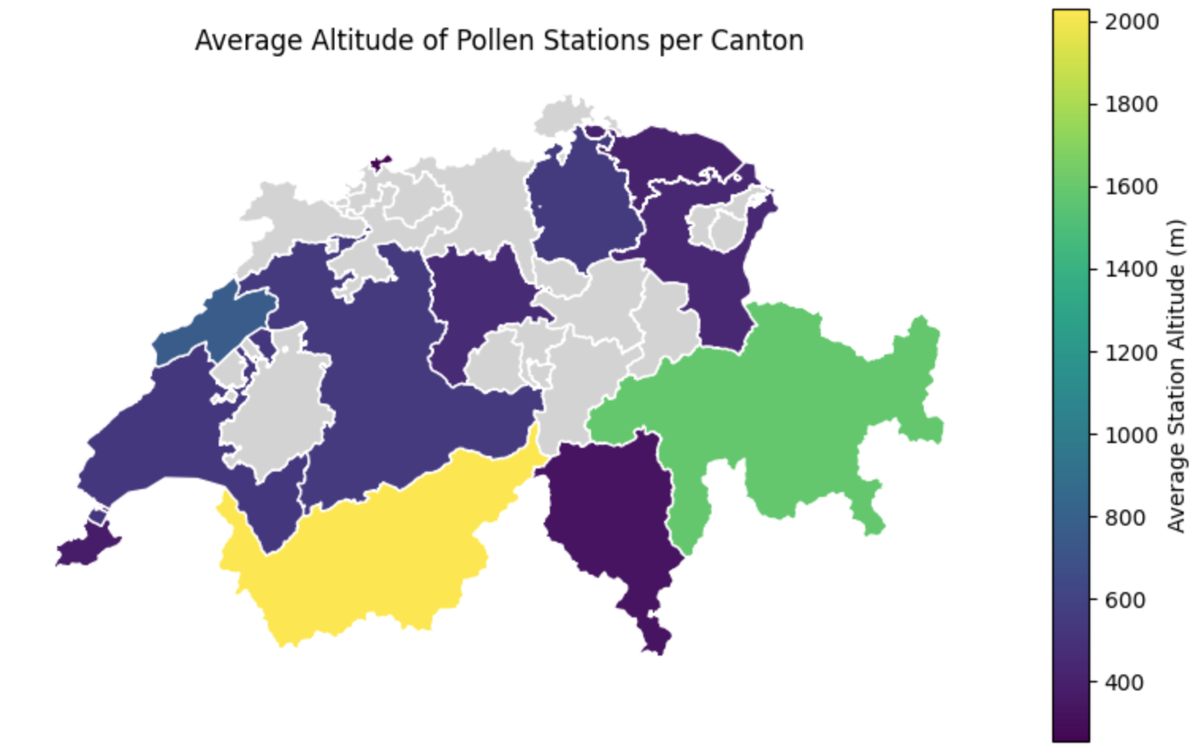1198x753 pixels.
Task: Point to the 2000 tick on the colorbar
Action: (1131, 21)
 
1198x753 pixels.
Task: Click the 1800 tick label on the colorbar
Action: (1131, 104)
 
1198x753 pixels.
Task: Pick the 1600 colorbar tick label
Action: (1131, 186)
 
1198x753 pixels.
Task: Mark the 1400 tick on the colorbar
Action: (1131, 269)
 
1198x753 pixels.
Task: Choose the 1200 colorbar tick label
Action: (1131, 352)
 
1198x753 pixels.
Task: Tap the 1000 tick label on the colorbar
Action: (1131, 434)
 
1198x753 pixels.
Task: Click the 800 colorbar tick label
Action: (1124, 518)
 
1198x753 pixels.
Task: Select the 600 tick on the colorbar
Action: (1124, 600)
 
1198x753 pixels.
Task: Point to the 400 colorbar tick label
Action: (1124, 682)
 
